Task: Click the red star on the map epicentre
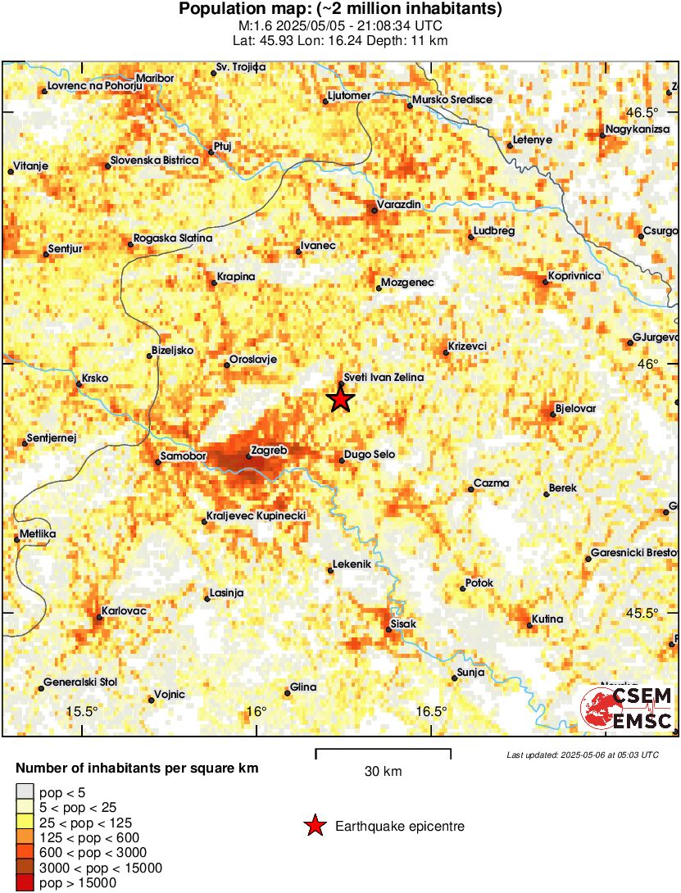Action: coord(341,400)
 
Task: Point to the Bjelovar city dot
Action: coord(553,415)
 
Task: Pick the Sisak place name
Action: coord(404,624)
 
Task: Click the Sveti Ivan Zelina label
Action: coord(383,377)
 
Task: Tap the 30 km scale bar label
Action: coord(383,772)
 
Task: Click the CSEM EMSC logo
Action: coord(627,709)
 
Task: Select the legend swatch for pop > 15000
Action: coord(25,882)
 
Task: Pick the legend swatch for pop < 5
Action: coord(25,792)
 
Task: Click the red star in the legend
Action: coord(315,827)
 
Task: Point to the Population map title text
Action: coord(340,10)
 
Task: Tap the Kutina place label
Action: coord(547,619)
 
